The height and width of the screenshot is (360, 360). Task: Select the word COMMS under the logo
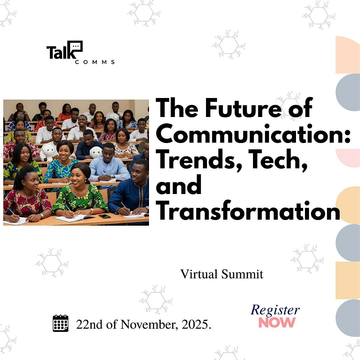coord(95,62)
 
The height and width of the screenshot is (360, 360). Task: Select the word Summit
coord(244,274)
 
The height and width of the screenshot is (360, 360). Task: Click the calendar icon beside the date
coord(61,323)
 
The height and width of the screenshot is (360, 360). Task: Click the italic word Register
coord(275,310)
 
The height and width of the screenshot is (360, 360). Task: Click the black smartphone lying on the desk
coord(104,216)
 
